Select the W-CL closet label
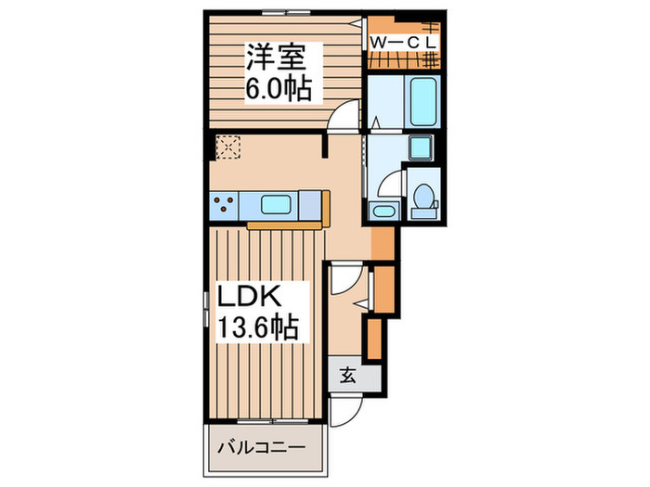click(x=404, y=42)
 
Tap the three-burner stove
click(x=224, y=204)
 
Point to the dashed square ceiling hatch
click(x=227, y=147)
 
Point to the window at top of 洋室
click(x=283, y=12)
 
